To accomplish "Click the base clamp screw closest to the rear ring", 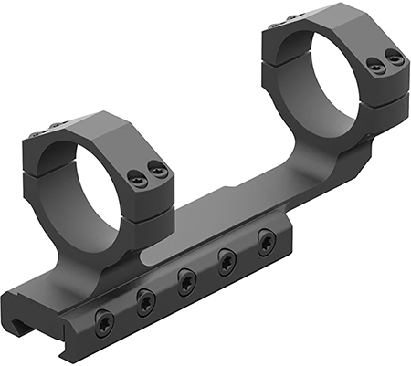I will tap(267, 240).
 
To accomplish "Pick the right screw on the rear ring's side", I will tap(394, 58).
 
